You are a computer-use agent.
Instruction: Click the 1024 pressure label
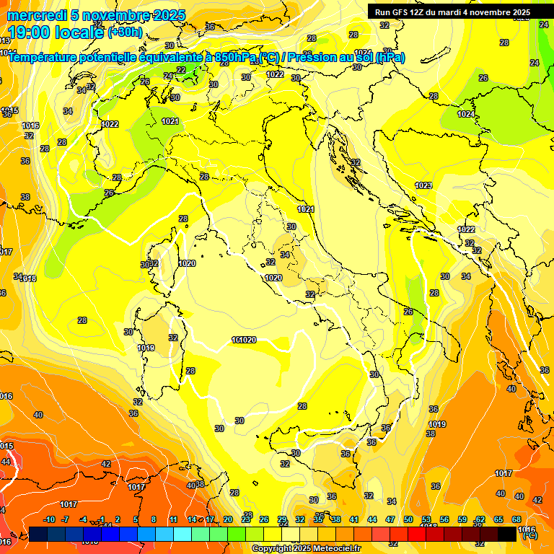[x=466, y=114]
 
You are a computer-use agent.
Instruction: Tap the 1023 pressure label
[x=423, y=185]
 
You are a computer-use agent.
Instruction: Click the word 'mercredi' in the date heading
[x=33, y=15]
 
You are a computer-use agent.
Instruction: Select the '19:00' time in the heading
[x=27, y=32]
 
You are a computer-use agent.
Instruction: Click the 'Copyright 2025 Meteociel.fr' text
[x=306, y=548]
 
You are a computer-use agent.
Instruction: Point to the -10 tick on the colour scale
[x=49, y=519]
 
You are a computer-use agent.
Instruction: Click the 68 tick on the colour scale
[x=516, y=519]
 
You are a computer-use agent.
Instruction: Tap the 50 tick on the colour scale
[x=408, y=519]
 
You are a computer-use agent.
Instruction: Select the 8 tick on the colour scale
[x=154, y=519]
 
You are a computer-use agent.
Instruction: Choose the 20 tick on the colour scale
[x=228, y=519]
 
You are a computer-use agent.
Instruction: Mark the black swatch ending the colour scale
[x=507, y=534]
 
